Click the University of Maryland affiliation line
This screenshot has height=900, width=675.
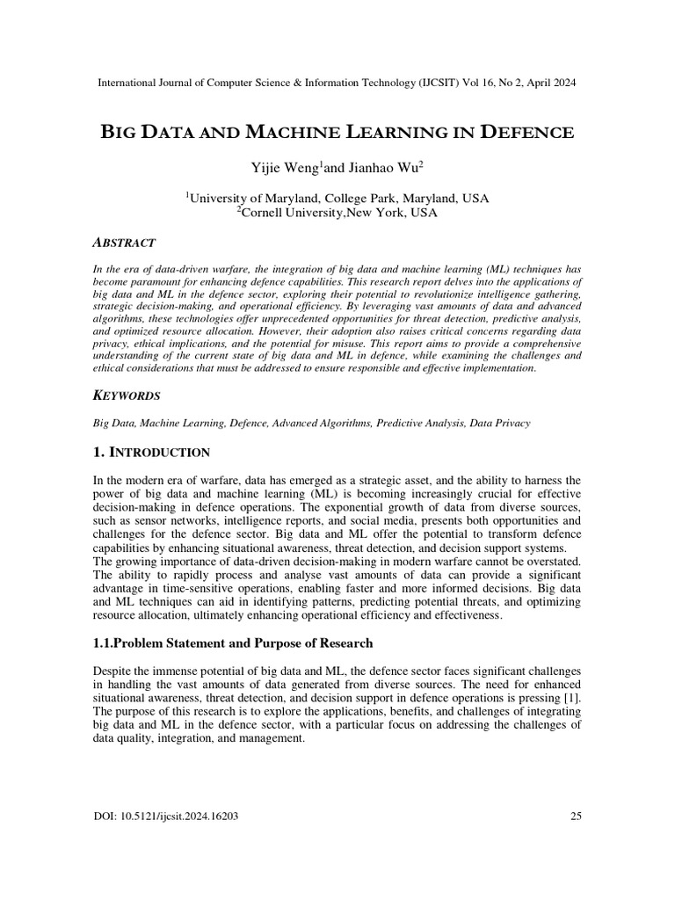tap(338, 199)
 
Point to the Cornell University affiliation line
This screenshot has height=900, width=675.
tap(338, 213)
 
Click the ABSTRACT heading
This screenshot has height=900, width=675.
tap(124, 243)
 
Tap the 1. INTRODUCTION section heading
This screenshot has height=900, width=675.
tap(151, 453)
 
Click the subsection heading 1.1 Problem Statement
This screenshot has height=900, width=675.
tap(233, 643)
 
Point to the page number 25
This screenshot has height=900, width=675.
tap(577, 817)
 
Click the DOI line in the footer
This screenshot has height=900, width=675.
tap(165, 817)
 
